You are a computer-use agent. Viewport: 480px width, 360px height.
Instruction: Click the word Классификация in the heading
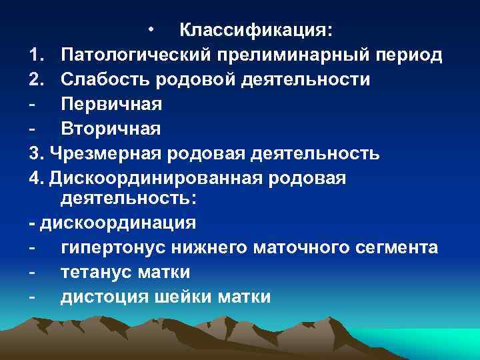coord(257,31)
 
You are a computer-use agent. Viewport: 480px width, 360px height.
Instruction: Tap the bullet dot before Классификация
coord(152,31)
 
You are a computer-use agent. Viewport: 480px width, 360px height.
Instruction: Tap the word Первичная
coord(111,104)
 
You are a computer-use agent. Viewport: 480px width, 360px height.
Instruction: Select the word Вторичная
coord(111,128)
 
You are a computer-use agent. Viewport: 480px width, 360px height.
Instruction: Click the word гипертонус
coord(114,248)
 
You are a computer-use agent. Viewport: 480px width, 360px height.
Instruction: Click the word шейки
coord(185,296)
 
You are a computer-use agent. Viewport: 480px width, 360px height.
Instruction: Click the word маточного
coord(295,248)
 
